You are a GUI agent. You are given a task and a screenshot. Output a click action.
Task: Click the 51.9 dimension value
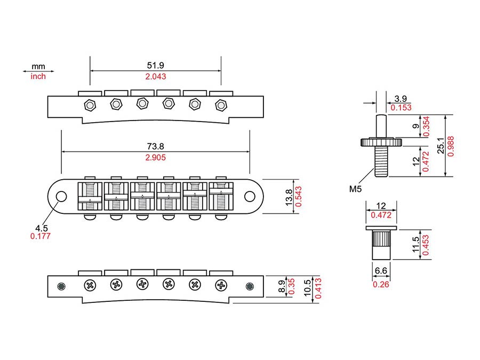(x=156, y=65)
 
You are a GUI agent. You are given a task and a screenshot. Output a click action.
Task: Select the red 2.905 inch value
(x=156, y=157)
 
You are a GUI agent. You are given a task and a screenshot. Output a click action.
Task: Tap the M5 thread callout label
(x=355, y=189)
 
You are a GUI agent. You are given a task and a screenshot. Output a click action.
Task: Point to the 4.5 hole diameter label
(x=41, y=228)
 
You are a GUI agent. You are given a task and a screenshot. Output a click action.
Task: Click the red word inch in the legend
(x=38, y=76)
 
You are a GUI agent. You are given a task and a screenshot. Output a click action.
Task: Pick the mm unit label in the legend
(x=38, y=67)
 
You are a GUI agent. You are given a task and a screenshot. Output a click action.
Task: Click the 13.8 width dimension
(x=289, y=197)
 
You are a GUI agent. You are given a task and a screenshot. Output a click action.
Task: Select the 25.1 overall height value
(x=441, y=145)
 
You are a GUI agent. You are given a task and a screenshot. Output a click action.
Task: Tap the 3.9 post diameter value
(x=401, y=99)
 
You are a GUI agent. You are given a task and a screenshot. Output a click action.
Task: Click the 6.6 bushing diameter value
(x=381, y=270)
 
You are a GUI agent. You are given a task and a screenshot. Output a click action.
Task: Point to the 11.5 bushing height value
(x=415, y=245)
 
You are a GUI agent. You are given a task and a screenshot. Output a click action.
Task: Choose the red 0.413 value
(x=318, y=289)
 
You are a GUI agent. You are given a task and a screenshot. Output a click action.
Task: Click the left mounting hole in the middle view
(x=61, y=196)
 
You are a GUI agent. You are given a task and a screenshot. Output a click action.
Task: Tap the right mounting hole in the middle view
(x=250, y=196)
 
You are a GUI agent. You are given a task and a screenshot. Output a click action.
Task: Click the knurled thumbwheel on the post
(x=381, y=142)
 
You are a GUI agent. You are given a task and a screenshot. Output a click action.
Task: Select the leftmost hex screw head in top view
(x=90, y=105)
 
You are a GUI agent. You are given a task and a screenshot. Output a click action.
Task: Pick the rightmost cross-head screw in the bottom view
(x=221, y=285)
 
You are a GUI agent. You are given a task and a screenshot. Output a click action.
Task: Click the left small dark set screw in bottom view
(x=61, y=286)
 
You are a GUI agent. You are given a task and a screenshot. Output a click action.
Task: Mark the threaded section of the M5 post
(x=381, y=161)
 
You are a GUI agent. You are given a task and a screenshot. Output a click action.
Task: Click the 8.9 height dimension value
(x=282, y=286)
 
